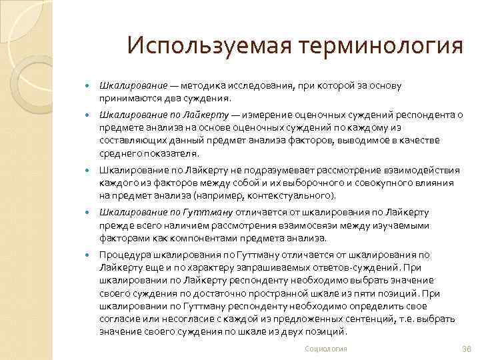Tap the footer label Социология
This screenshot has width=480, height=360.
(325, 349)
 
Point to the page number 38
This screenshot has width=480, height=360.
(466, 349)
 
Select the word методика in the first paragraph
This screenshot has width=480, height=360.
(201, 87)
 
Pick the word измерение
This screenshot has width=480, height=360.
(270, 115)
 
